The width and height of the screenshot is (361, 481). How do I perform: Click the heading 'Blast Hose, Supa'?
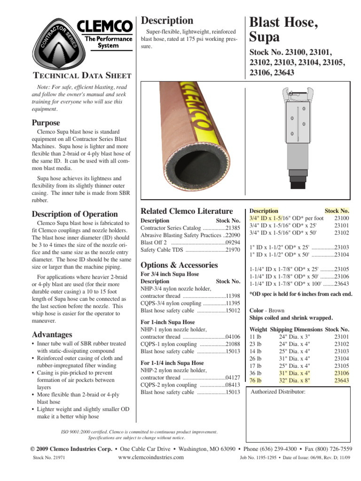(x=283, y=30)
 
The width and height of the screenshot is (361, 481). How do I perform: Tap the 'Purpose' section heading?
(x=46, y=123)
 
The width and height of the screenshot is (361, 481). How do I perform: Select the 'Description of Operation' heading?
(x=74, y=214)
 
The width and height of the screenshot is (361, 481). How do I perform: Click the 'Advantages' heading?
(x=52, y=334)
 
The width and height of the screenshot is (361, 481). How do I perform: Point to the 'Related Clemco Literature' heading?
(x=187, y=211)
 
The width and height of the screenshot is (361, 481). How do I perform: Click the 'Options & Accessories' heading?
(x=179, y=264)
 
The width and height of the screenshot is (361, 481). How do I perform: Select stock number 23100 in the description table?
(x=341, y=218)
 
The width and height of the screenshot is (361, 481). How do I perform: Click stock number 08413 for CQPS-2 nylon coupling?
(x=233, y=384)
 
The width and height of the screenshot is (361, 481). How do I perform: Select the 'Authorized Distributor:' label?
(x=278, y=392)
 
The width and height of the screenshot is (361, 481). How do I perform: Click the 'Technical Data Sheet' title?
(x=81, y=75)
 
